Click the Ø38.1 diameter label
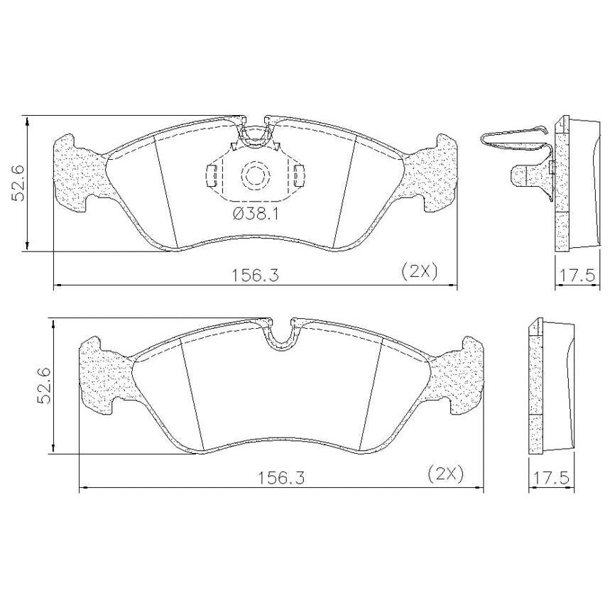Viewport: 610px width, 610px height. [256, 214]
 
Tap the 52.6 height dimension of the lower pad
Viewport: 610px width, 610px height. [43, 386]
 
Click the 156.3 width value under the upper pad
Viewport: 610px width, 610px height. [256, 276]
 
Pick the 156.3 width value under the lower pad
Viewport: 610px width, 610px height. [281, 478]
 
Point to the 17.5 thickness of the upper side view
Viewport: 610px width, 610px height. [577, 276]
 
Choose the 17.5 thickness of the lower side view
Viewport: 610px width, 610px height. [551, 478]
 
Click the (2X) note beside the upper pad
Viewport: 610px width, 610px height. [420, 271]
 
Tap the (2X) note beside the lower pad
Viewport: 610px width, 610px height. [446, 474]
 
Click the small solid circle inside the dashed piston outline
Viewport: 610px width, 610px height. [256, 175]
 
